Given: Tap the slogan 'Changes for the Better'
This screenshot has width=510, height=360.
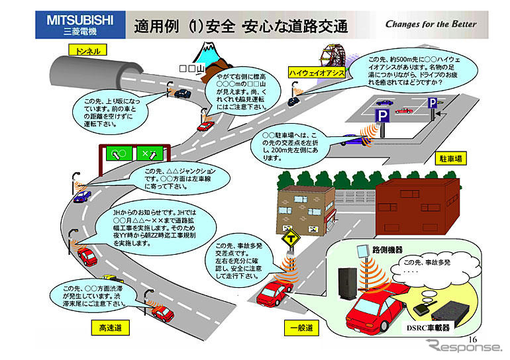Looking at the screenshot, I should [x=431, y=24].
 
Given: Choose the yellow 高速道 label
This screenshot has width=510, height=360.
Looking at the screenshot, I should [x=109, y=328].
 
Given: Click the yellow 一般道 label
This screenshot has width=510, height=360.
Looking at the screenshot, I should [x=301, y=328].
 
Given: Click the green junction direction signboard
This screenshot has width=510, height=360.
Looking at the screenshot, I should [x=132, y=155].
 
